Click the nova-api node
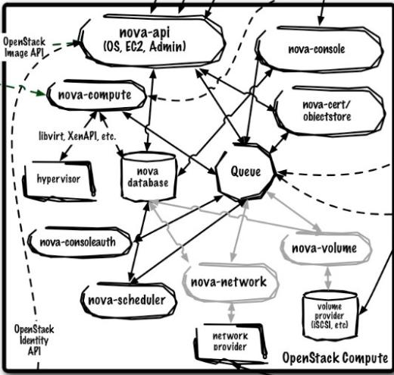point(152,41)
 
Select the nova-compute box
point(96,95)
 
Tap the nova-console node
point(319,49)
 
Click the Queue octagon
point(245,172)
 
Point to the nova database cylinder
point(148,176)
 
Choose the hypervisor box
point(59,180)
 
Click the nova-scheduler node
point(128,300)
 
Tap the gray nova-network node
point(230,282)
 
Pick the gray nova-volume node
point(325,248)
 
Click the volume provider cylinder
point(330,316)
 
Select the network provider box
point(230,342)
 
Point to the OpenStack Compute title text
point(335,358)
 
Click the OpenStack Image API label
point(24,47)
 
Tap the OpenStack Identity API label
point(34,340)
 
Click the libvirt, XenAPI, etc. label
point(77,137)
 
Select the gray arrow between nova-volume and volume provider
point(328,278)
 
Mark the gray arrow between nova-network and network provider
point(231,313)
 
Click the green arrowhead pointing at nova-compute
point(41,93)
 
